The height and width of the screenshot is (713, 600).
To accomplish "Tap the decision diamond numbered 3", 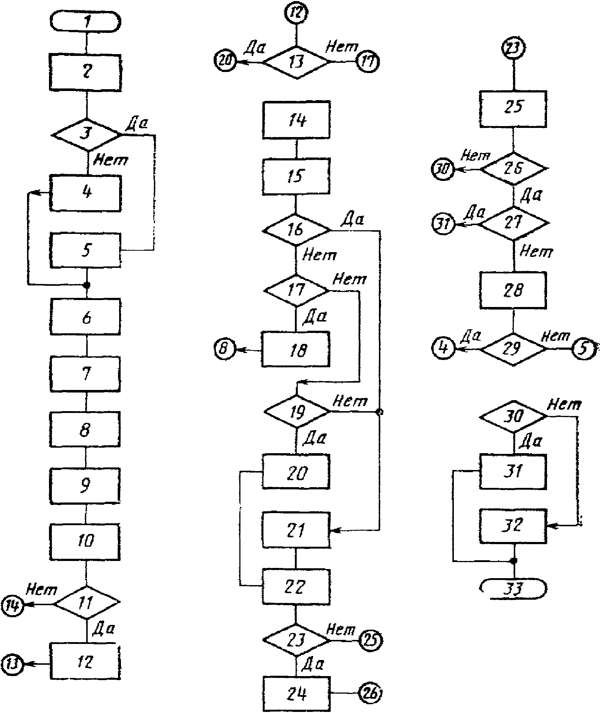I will [x=87, y=135].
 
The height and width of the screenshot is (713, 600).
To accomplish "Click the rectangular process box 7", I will [x=86, y=374].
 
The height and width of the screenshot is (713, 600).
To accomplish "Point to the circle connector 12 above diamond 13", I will [x=296, y=14].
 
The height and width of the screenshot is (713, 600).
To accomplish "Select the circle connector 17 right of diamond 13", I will [x=368, y=61].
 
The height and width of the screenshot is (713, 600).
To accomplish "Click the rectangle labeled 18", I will [x=296, y=349].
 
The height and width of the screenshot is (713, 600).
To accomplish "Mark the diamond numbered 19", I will [x=297, y=412].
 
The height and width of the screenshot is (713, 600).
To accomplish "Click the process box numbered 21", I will [x=296, y=530].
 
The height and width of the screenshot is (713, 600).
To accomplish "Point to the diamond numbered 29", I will [x=513, y=349].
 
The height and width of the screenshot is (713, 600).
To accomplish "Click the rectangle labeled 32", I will [x=513, y=527].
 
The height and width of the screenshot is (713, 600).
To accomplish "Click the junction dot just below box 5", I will [x=87, y=285].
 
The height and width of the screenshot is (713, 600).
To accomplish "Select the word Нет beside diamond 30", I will [x=564, y=405].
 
